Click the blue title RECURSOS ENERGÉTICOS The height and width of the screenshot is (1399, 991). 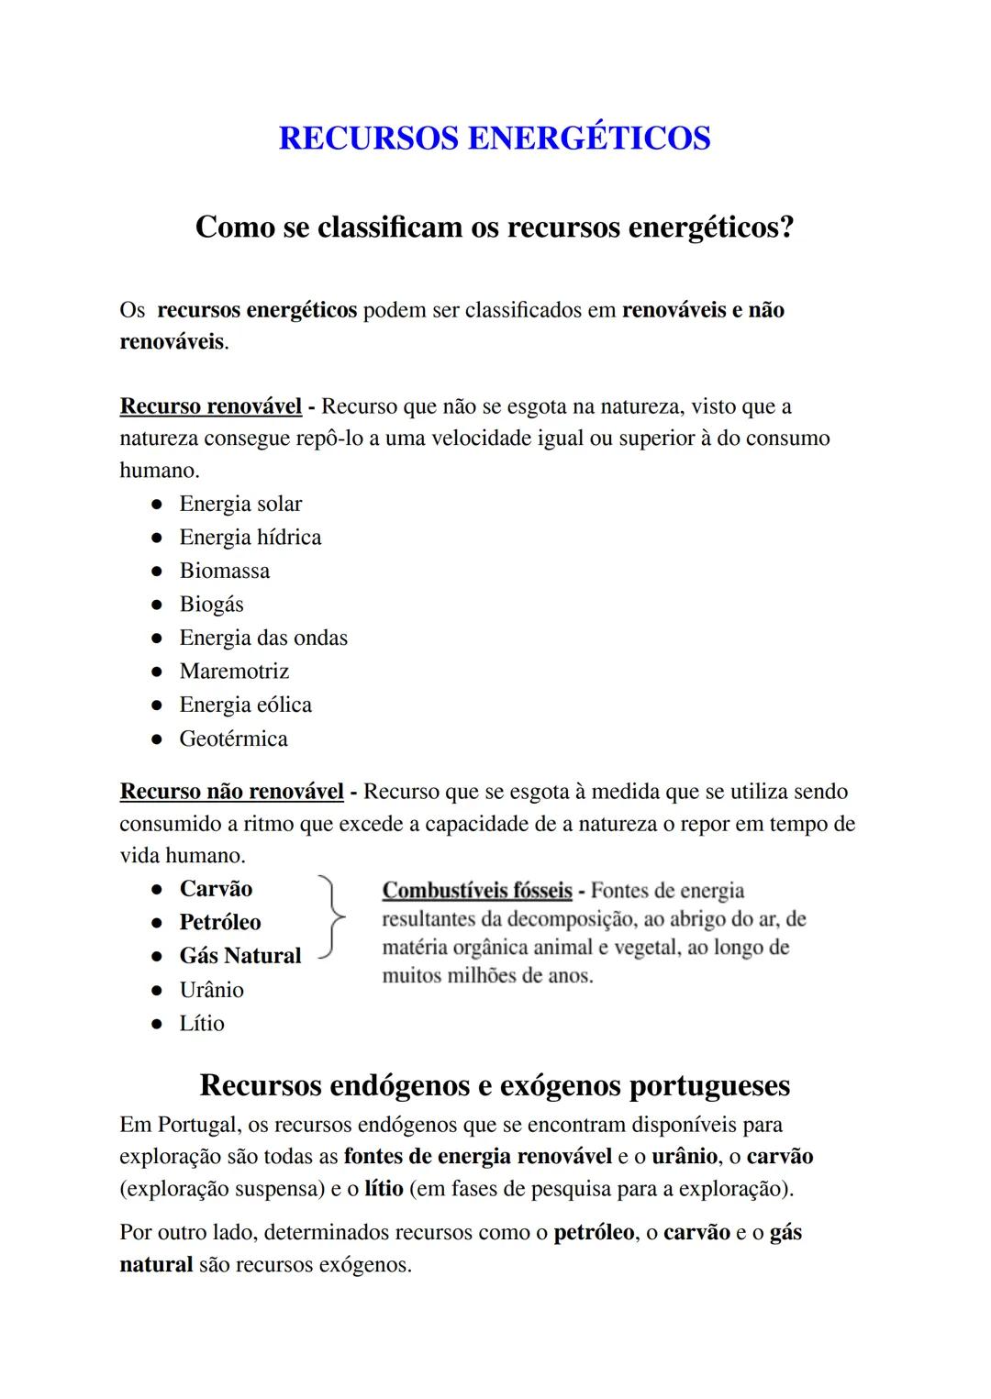click(x=494, y=139)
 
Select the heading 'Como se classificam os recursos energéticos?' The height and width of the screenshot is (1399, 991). click(x=494, y=227)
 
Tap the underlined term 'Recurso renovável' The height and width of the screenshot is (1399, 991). click(x=211, y=406)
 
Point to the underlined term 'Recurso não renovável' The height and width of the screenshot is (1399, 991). click(x=232, y=792)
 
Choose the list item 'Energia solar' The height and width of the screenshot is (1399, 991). click(x=240, y=504)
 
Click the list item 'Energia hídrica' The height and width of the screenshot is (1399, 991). click(x=251, y=538)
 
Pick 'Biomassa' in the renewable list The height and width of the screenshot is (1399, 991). click(x=225, y=571)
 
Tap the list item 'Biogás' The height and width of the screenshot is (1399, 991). click(x=212, y=605)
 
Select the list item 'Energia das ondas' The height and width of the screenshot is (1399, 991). click(x=263, y=638)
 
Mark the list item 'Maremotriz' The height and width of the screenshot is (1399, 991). click(x=234, y=672)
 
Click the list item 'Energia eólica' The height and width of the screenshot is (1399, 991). click(x=245, y=705)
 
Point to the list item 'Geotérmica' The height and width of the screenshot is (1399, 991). click(x=233, y=738)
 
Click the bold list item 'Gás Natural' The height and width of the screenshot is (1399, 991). click(x=240, y=956)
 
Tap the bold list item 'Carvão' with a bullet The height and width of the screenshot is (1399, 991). click(x=216, y=889)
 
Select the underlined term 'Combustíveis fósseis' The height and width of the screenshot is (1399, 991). click(x=477, y=891)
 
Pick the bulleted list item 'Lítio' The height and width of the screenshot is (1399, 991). click(x=202, y=1023)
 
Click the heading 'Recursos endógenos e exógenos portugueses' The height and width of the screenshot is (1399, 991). click(x=494, y=1085)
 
